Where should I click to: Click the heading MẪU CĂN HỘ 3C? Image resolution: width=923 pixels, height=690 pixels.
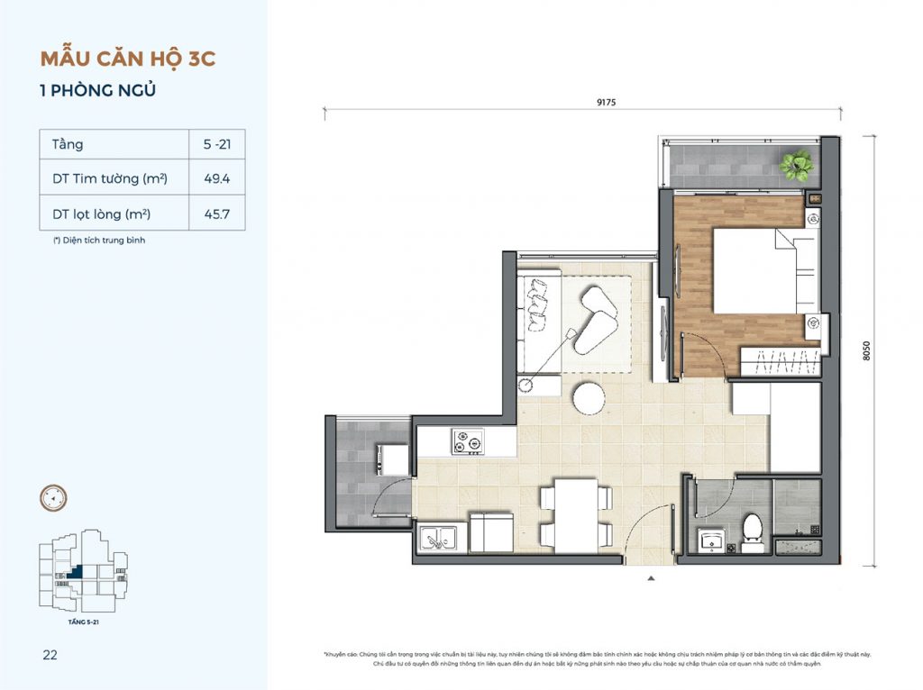(x=128, y=59)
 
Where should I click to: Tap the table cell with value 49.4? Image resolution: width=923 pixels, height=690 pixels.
(x=216, y=178)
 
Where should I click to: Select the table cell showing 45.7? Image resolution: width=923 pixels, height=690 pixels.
(x=216, y=213)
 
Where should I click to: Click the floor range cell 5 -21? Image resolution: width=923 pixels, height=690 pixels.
(x=216, y=144)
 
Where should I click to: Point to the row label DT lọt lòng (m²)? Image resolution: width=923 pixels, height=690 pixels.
(x=101, y=213)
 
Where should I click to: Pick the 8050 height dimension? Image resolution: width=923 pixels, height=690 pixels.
(x=866, y=350)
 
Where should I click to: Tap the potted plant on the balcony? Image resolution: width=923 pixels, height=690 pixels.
(x=796, y=165)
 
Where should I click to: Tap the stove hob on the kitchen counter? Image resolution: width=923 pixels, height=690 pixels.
(x=468, y=441)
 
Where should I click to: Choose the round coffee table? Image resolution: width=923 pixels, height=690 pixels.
(x=590, y=396)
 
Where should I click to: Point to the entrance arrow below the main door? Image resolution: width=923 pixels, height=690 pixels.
(x=650, y=579)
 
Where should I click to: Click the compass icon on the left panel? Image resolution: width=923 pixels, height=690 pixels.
(x=53, y=496)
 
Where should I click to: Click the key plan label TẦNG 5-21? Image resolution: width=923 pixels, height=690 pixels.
(x=84, y=622)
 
